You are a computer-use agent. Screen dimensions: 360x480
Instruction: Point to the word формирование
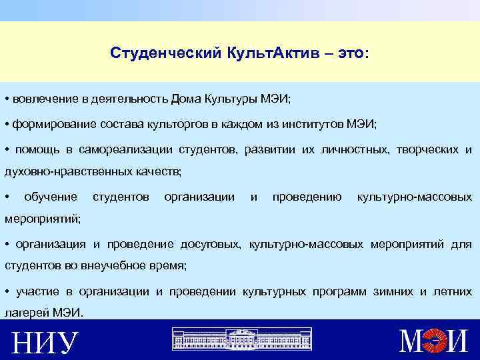point(51,125)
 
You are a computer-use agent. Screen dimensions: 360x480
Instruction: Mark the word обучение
point(51,197)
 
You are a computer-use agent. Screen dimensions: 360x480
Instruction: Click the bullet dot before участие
point(6,291)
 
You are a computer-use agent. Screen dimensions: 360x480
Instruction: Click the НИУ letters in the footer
point(43,343)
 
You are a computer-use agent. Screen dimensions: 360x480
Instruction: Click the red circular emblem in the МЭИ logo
point(437,341)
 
